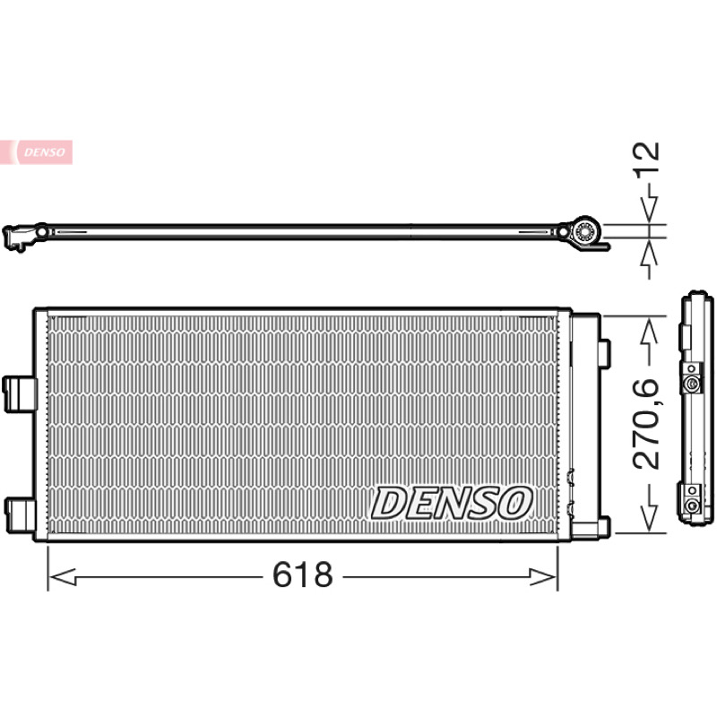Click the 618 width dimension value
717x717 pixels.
303,574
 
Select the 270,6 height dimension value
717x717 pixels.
646,424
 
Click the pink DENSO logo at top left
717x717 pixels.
36,151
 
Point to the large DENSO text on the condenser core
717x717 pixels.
452,503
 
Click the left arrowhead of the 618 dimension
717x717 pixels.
62,577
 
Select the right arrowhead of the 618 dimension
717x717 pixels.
543,577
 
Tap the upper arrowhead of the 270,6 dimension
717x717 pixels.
649,333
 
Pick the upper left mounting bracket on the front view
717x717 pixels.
19,393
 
